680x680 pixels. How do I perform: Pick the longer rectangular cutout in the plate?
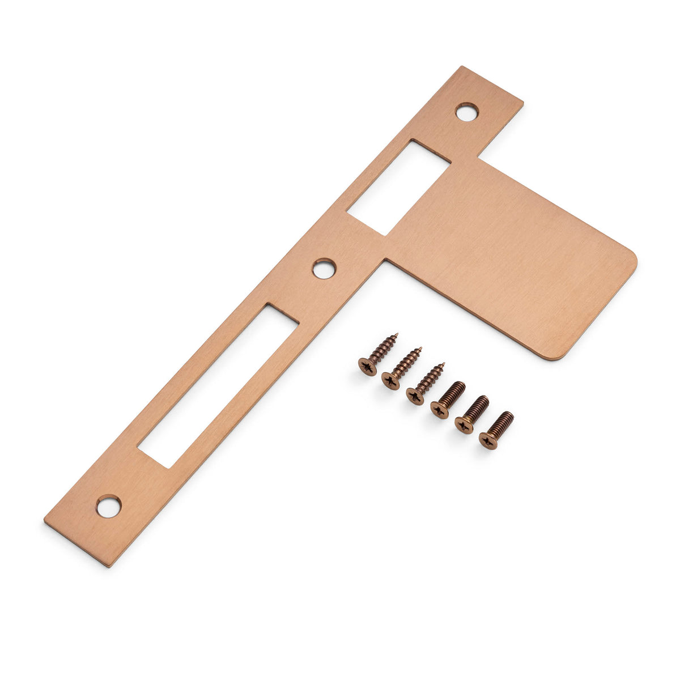(x=219, y=385)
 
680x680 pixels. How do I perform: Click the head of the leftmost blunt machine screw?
(x=439, y=409)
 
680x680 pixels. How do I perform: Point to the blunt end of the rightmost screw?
(x=509, y=416)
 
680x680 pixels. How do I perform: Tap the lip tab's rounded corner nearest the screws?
(x=558, y=355)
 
